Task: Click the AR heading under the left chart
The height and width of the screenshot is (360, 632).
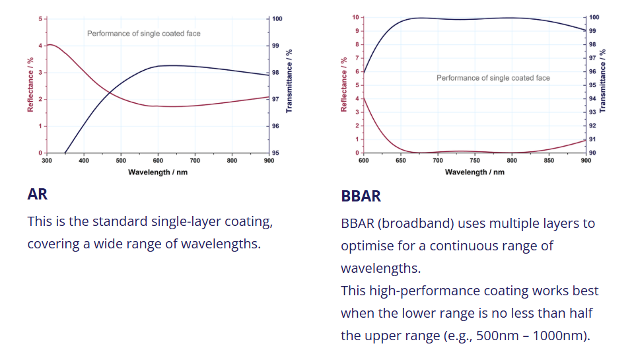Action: click(x=38, y=194)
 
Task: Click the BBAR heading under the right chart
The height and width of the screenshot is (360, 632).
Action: click(x=361, y=196)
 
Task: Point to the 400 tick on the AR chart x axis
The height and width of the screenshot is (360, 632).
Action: click(x=84, y=161)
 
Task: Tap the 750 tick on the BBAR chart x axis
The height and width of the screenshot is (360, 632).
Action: click(x=475, y=161)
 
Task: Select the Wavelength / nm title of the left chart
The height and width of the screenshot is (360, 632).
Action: click(x=158, y=172)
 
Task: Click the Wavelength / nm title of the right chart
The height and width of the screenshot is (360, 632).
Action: click(x=474, y=172)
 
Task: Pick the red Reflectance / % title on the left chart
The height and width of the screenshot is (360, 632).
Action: click(x=30, y=85)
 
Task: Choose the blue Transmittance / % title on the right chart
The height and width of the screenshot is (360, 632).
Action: click(x=602, y=81)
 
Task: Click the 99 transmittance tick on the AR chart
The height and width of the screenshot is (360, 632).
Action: click(x=275, y=46)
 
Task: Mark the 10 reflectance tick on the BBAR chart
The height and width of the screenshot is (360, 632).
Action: click(x=355, y=17)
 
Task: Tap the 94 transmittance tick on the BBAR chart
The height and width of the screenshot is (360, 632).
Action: click(x=592, y=98)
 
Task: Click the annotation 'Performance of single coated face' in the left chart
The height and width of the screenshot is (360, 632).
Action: click(x=144, y=34)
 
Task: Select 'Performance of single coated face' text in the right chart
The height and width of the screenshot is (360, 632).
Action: click(x=493, y=78)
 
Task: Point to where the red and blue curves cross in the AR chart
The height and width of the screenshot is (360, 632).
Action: click(x=110, y=92)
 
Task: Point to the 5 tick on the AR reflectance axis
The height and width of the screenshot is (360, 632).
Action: click(x=40, y=19)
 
